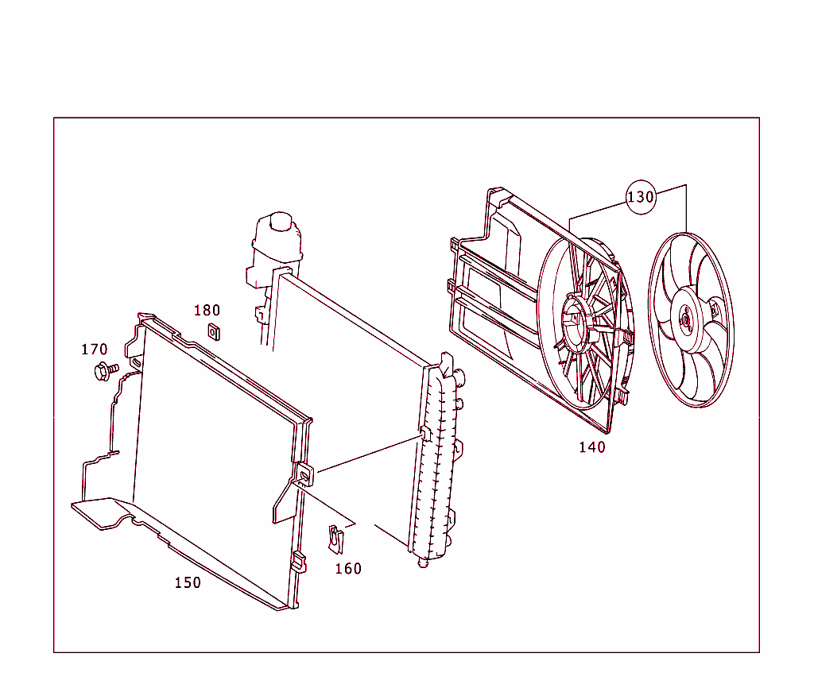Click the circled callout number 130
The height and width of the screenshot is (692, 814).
641,196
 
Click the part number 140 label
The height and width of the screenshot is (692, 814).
591,447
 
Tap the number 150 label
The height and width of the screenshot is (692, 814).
188,583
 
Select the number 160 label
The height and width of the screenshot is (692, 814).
347,569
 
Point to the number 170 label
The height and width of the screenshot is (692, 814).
94,350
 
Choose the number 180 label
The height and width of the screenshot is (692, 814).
207,311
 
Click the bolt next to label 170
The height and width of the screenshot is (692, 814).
104,369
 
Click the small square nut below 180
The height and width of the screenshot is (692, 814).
213,331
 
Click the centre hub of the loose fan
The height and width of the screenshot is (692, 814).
686,319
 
